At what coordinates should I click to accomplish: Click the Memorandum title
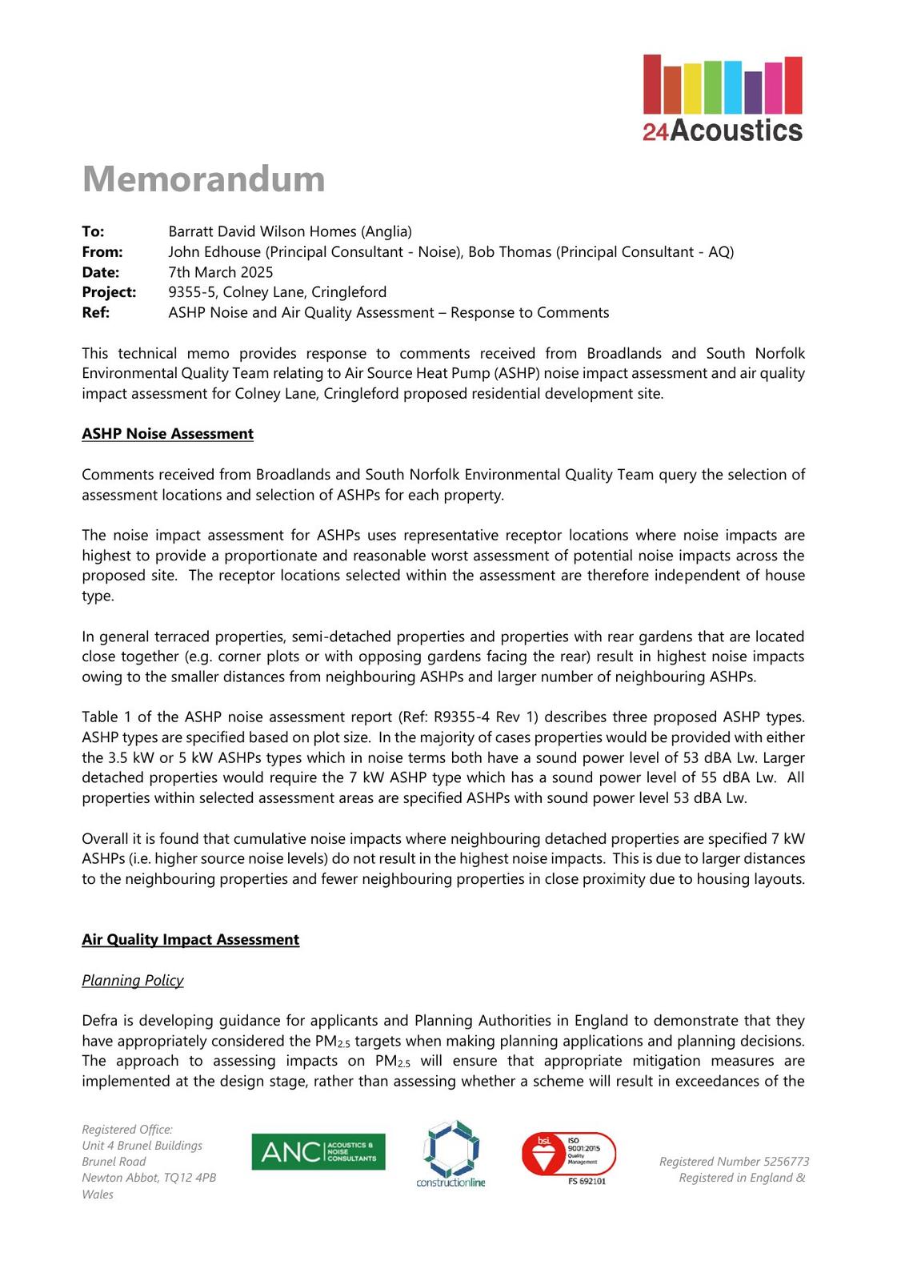(203, 179)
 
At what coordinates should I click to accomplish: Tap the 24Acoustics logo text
(722, 131)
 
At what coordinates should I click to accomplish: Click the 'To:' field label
(93, 231)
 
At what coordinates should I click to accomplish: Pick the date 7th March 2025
(221, 272)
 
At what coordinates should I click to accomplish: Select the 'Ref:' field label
(95, 312)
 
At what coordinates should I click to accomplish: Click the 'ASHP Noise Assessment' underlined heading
(167, 434)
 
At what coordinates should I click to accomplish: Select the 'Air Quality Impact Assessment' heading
(190, 940)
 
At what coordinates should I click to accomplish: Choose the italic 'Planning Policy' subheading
(133, 981)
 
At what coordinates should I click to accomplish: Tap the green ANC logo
(318, 1152)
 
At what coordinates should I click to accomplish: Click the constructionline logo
(450, 1154)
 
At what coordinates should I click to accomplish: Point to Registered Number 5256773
(734, 1162)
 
